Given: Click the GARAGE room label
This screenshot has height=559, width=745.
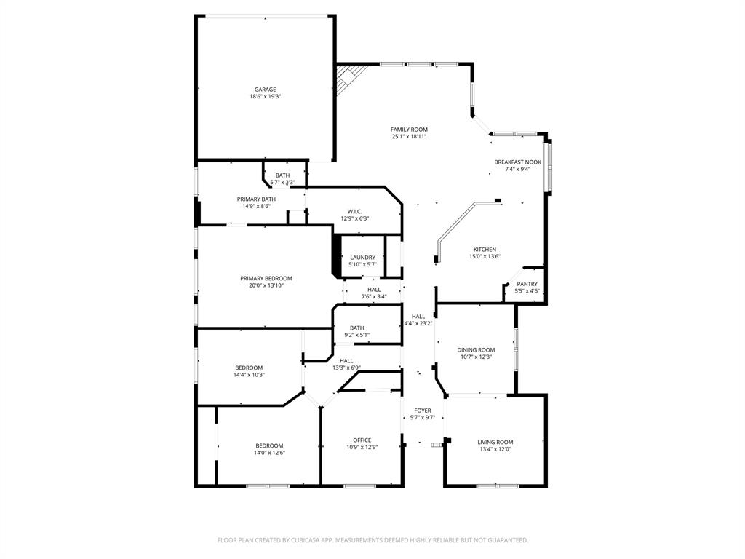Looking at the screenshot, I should [265, 90].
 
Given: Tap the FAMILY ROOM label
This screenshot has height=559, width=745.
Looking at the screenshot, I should [409, 130].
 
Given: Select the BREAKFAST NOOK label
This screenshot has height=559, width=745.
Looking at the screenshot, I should [517, 162].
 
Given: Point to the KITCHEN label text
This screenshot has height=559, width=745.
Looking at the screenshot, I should [485, 250].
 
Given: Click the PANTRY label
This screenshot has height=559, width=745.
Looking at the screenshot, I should [527, 284].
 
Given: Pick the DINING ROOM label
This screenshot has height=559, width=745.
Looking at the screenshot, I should [476, 350].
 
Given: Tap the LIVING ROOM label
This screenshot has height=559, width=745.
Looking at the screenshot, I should [495, 442].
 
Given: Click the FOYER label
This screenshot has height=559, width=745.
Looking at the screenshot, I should [422, 411].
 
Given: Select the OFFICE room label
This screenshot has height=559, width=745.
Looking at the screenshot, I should [362, 440].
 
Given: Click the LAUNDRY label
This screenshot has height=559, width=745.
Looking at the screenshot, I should [362, 257].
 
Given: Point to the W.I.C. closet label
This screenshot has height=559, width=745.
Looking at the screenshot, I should [354, 211].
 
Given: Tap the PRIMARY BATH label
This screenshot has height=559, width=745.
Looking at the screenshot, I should [256, 199].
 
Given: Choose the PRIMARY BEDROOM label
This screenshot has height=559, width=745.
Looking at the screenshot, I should [266, 278].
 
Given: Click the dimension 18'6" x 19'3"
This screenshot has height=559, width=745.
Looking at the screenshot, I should [265, 97].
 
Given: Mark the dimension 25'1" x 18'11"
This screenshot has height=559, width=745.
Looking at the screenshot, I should [409, 137].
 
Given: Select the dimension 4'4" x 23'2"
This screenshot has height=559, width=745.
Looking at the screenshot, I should [418, 323].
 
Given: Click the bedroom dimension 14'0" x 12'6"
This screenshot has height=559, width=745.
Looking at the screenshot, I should [269, 453].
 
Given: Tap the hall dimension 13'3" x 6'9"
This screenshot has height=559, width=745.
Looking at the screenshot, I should [346, 368].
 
